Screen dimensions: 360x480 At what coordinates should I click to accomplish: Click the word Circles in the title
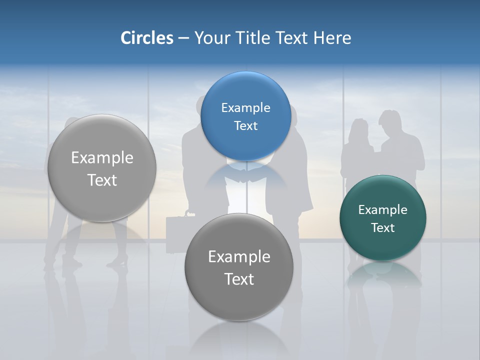click(146, 38)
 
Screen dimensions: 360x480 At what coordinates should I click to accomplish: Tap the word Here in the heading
click(332, 38)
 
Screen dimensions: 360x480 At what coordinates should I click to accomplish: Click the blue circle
click(245, 116)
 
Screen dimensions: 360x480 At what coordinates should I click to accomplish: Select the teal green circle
click(382, 218)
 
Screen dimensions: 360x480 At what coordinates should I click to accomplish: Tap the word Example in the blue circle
click(245, 107)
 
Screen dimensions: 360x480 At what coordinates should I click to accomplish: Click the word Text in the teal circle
click(382, 227)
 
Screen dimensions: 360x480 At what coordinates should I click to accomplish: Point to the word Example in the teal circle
click(382, 209)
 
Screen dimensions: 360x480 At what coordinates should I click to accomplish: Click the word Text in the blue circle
click(245, 125)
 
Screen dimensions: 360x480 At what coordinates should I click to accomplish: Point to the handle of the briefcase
click(188, 214)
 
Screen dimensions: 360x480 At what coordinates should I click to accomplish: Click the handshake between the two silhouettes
click(246, 178)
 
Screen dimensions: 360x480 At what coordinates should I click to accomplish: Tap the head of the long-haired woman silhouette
click(359, 127)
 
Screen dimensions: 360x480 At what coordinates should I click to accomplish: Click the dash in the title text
click(183, 38)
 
